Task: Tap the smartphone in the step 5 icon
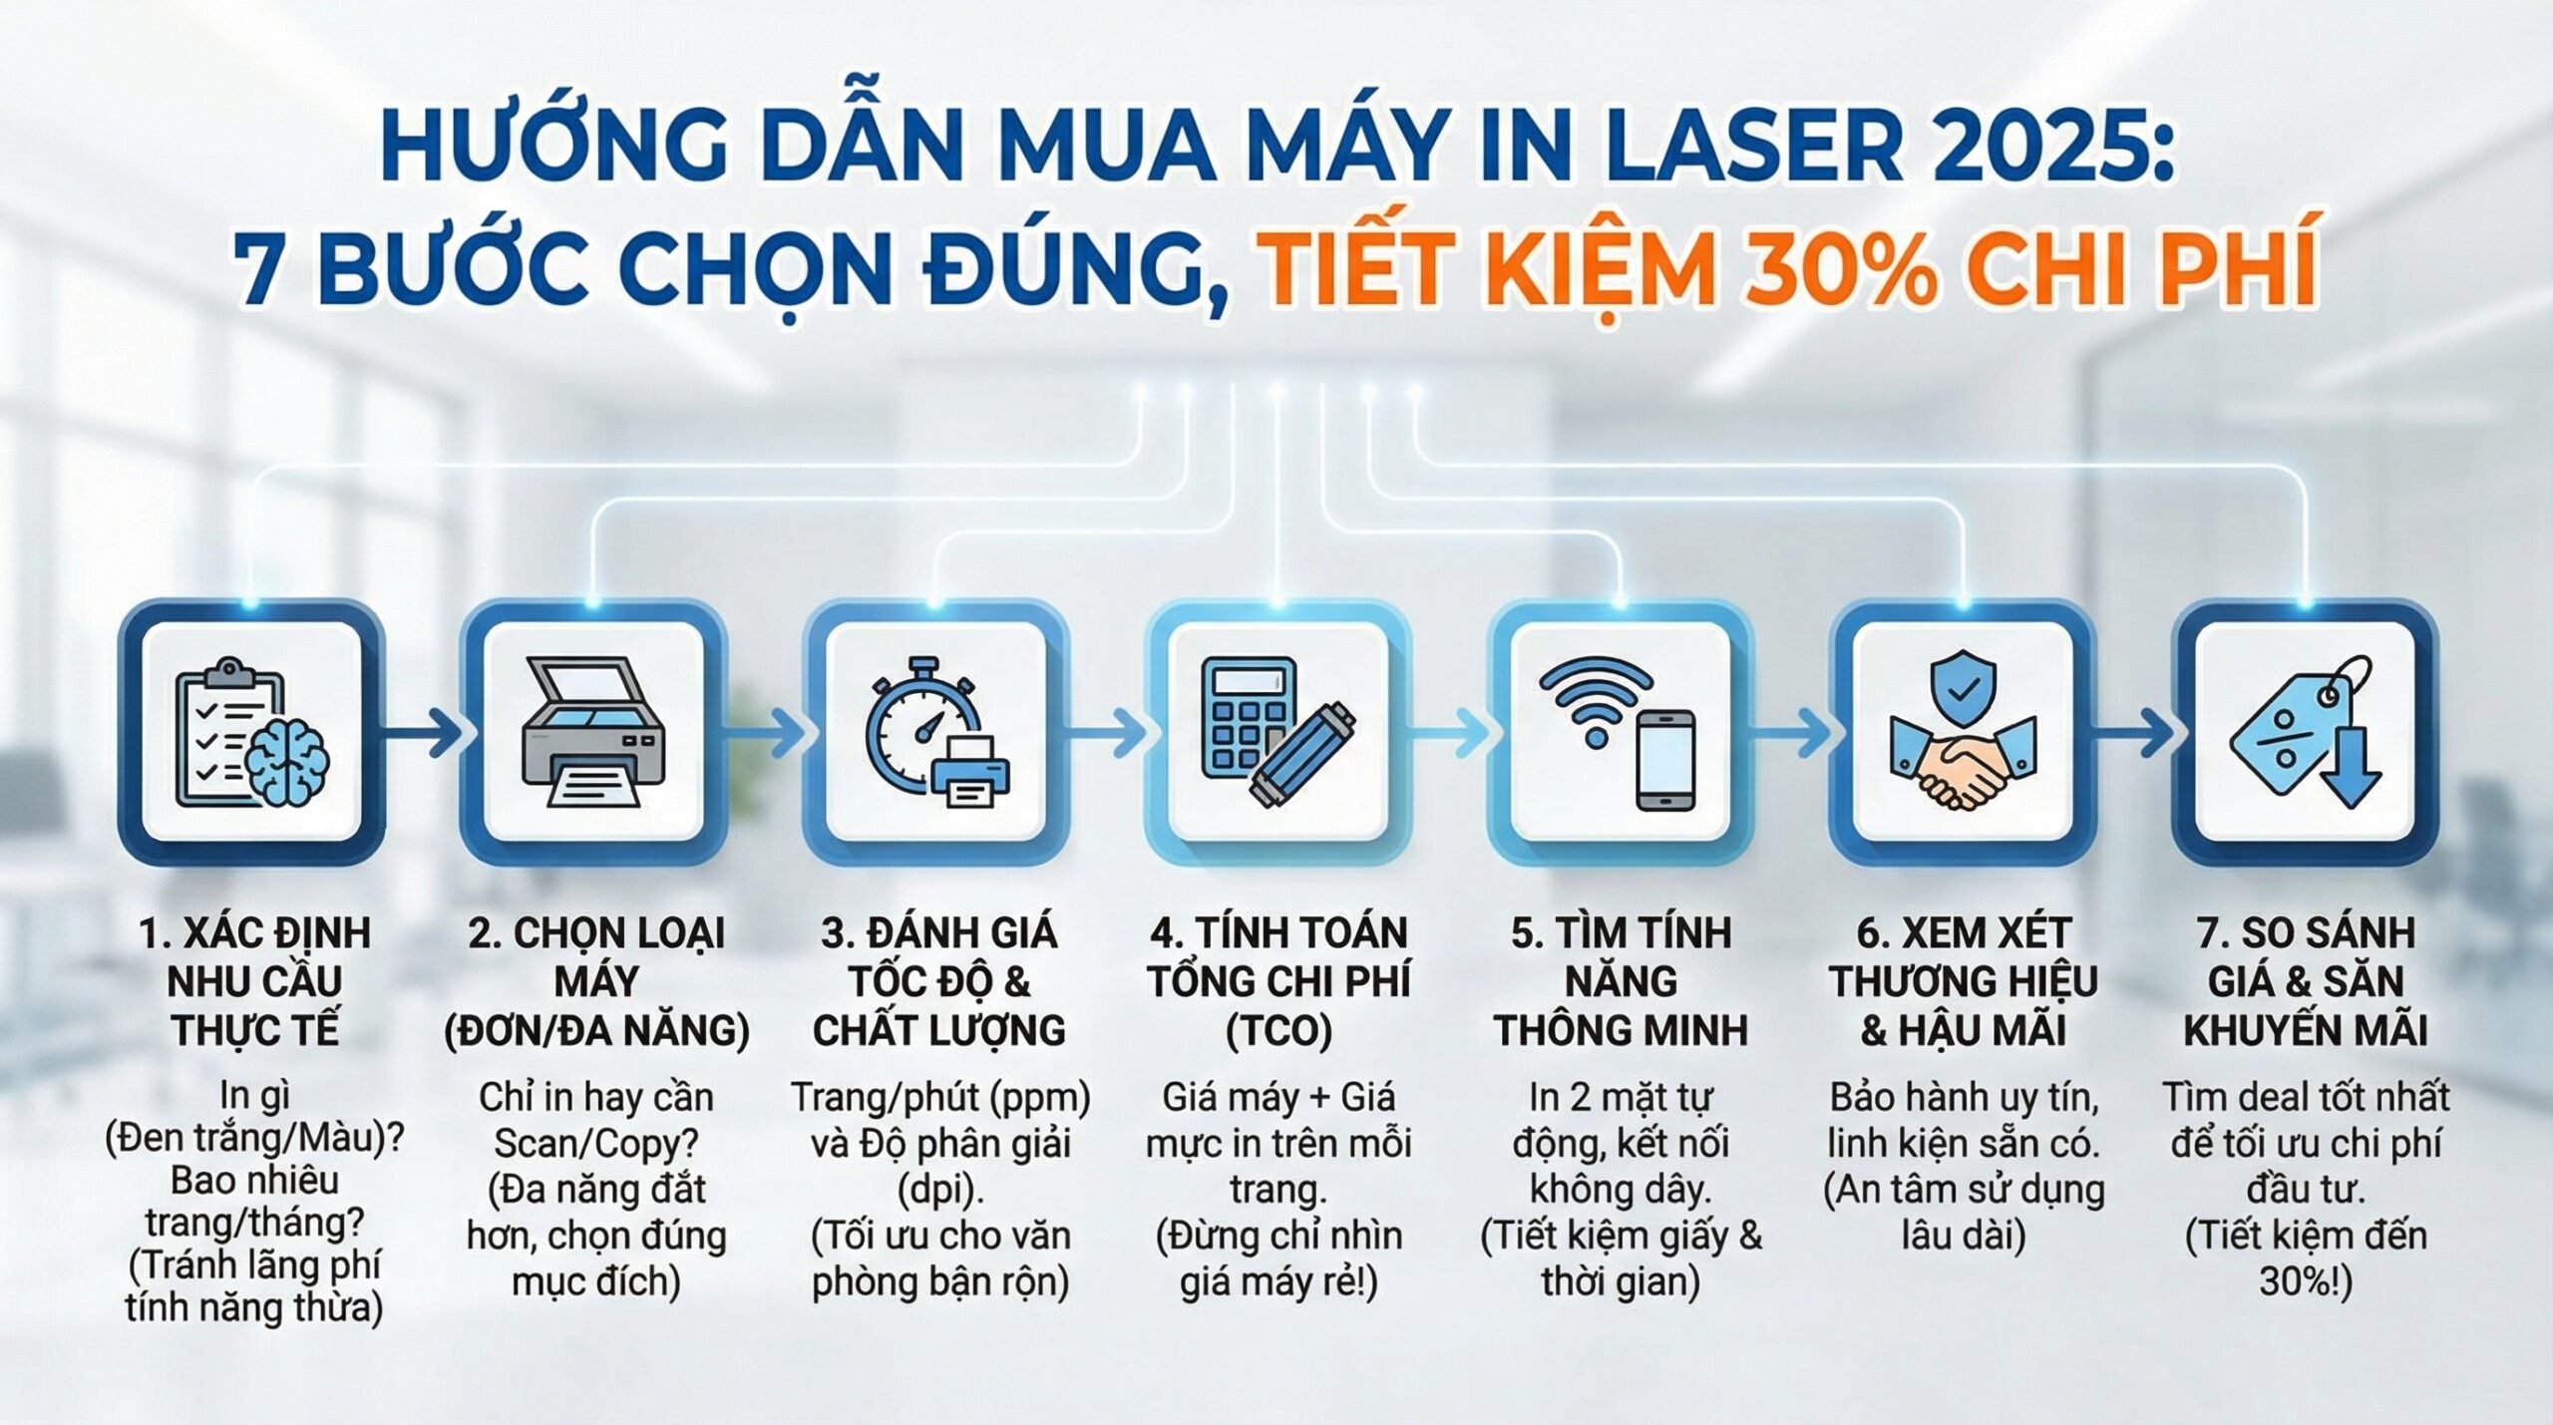pos(1664,760)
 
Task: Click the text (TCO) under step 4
pos(1278,1030)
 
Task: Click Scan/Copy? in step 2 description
pos(595,1143)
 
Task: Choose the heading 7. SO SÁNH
pos(2306,933)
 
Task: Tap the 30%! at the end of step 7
pos(2306,1281)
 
